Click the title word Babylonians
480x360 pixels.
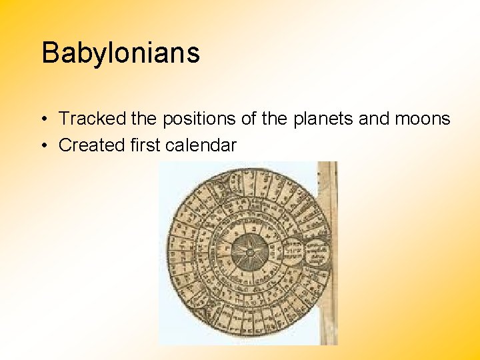(x=121, y=53)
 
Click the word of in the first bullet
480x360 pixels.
(x=250, y=119)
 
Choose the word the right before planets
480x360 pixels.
(x=277, y=119)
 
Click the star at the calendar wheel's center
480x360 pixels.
(x=249, y=253)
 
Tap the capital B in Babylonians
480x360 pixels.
(x=49, y=53)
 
